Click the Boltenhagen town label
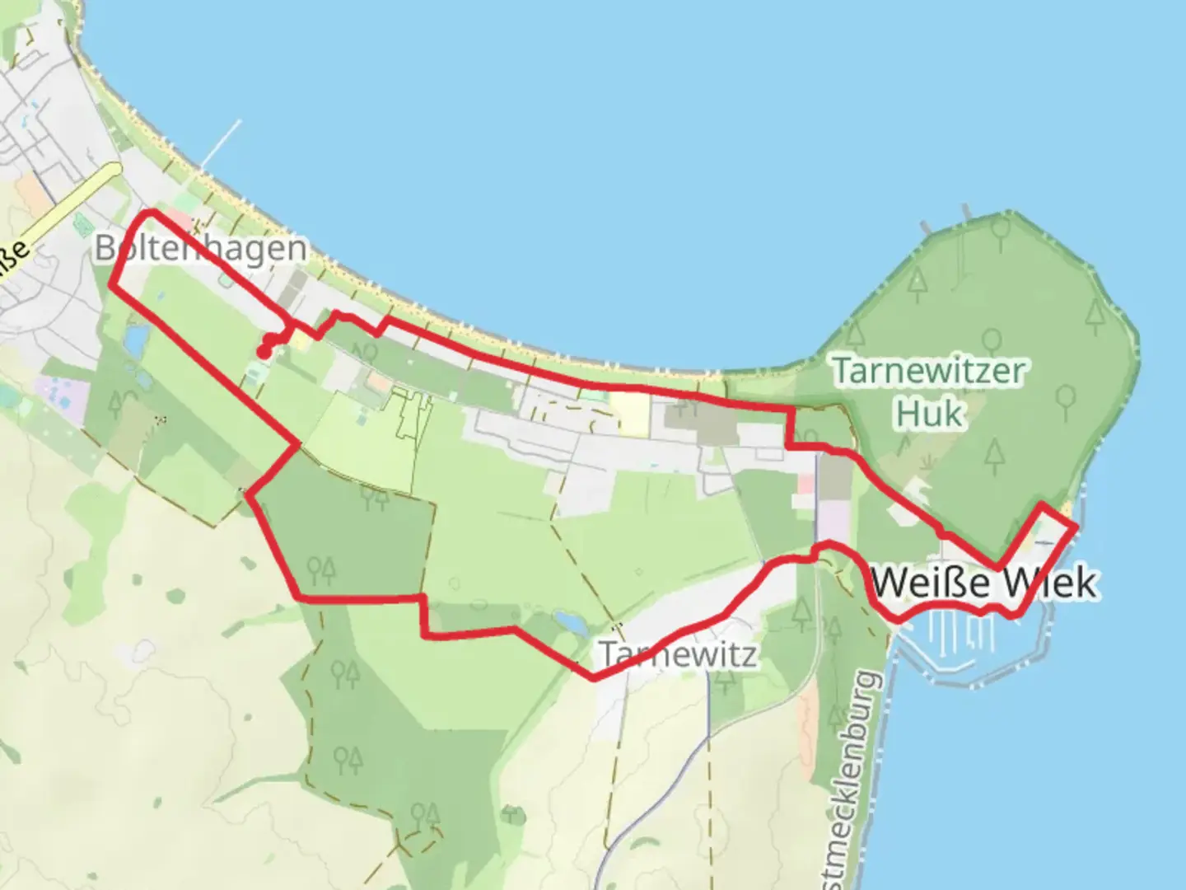click(x=200, y=247)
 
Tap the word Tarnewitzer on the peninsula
click(x=928, y=371)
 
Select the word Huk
click(x=929, y=413)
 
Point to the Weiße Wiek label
click(x=983, y=583)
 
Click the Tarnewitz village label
click(x=677, y=654)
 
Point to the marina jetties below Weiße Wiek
click(x=955, y=630)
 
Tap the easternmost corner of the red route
click(x=1075, y=526)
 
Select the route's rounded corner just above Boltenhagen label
click(x=148, y=213)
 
